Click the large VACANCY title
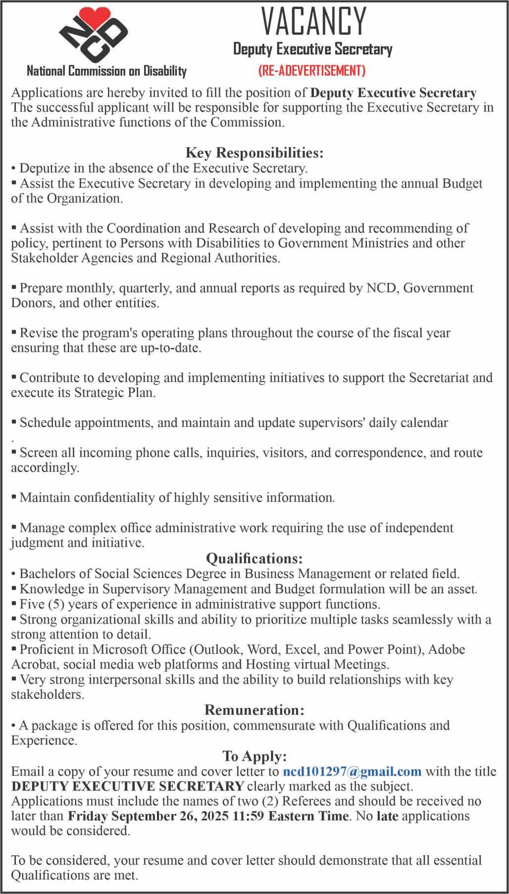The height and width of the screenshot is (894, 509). click(313, 22)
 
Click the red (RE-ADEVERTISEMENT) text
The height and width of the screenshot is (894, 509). click(312, 71)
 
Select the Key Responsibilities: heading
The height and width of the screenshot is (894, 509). click(254, 152)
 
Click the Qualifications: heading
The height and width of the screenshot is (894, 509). click(254, 559)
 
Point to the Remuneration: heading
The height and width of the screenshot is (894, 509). click(254, 710)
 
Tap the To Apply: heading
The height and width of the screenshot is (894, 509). click(254, 756)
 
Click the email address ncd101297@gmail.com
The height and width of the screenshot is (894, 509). click(352, 771)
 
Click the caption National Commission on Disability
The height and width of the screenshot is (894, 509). click(106, 71)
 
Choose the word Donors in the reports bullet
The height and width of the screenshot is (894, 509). click(32, 303)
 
